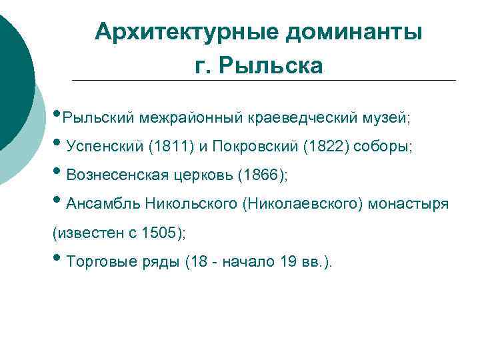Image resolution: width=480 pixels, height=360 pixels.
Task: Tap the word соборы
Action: [383, 147]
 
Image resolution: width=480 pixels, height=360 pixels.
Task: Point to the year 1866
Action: [265, 175]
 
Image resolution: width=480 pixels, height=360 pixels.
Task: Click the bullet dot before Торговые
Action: [57, 262]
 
